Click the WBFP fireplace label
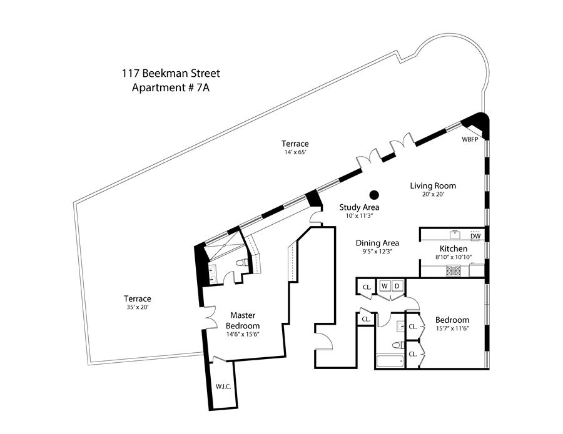click(470, 139)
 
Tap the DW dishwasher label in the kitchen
click(475, 236)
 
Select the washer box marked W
click(385, 286)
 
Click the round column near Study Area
click(374, 194)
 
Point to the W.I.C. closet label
click(223, 387)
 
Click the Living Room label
click(433, 185)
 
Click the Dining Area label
click(377, 243)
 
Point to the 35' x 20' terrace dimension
click(137, 307)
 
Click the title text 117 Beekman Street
click(171, 74)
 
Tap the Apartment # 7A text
click(171, 87)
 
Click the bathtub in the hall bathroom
click(390, 362)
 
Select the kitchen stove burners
click(453, 270)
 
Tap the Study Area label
click(359, 207)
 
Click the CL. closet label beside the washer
click(366, 287)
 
